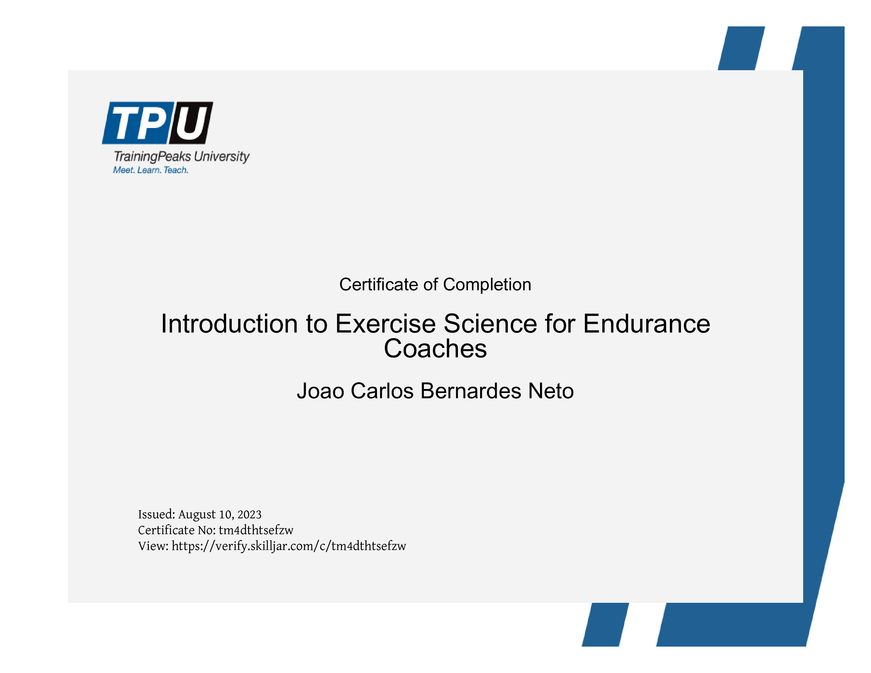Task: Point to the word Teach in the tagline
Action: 176,170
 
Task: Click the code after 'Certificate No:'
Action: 256,530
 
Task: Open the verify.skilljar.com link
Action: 289,546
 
